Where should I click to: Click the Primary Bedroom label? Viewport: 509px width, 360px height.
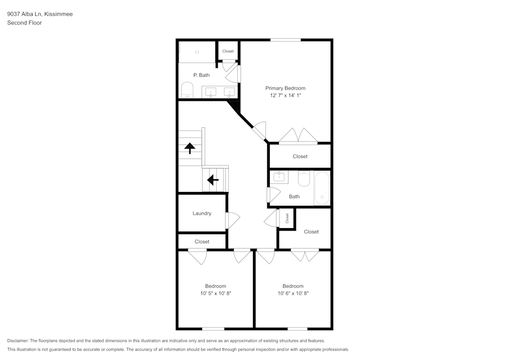(285, 88)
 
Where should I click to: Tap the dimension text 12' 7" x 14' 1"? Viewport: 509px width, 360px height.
(286, 95)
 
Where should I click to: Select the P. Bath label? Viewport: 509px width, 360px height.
(201, 75)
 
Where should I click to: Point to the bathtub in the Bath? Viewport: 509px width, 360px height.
(322, 188)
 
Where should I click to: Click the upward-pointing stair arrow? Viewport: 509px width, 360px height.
(190, 148)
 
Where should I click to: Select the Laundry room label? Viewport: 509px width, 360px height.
(202, 213)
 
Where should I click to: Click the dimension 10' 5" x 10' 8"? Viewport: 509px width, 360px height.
(215, 293)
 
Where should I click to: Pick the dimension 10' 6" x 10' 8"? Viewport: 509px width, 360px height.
(293, 293)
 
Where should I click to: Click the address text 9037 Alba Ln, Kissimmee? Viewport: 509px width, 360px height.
(40, 14)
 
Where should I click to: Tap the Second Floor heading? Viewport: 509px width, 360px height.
(24, 23)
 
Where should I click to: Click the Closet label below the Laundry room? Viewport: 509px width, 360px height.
(202, 241)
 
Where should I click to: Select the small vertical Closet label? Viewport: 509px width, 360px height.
(287, 218)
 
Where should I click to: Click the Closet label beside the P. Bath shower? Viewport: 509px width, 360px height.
(228, 51)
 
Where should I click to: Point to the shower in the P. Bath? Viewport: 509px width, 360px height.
(197, 52)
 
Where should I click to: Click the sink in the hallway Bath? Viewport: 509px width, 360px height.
(279, 177)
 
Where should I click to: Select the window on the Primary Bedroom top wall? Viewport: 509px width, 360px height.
(285, 40)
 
